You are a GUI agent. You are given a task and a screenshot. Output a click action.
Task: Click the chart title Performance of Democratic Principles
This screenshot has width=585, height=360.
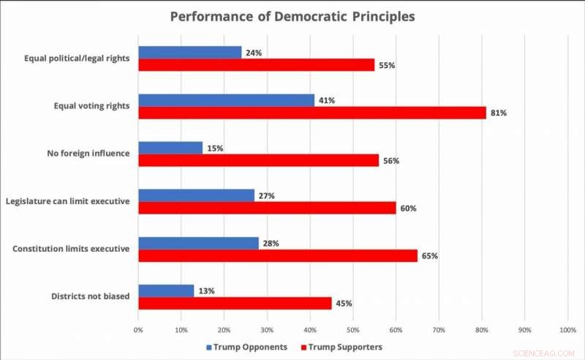(x=292, y=16)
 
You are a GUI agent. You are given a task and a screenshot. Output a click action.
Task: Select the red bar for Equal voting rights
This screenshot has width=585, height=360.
(x=312, y=113)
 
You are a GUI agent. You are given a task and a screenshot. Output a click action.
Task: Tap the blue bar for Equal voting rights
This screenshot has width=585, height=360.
(x=226, y=100)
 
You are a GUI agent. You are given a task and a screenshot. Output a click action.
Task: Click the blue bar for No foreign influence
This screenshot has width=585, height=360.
(x=170, y=148)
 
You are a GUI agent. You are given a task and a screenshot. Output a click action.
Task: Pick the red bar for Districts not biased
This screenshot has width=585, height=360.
(x=235, y=304)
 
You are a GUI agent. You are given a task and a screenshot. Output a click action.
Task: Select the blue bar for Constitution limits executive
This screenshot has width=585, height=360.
(x=198, y=243)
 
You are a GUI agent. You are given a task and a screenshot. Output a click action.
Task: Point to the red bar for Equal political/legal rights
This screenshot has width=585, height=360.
(x=256, y=65)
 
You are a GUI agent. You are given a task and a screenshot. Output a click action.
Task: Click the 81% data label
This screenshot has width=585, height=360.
(x=499, y=113)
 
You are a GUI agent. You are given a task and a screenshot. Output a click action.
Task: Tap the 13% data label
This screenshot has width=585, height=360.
(x=207, y=290)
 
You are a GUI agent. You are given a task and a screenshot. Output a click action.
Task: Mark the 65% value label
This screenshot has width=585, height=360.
(x=431, y=256)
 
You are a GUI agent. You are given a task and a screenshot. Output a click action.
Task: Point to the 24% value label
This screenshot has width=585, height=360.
(x=254, y=52)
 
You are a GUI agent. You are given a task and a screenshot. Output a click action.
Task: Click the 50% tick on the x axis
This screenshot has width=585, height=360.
(x=353, y=330)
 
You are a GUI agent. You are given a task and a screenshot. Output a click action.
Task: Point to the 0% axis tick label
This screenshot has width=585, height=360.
(x=139, y=330)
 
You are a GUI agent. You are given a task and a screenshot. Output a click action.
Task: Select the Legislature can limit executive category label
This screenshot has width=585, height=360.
(x=68, y=201)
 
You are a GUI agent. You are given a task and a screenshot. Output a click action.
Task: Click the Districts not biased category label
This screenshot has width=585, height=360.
(x=90, y=296)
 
